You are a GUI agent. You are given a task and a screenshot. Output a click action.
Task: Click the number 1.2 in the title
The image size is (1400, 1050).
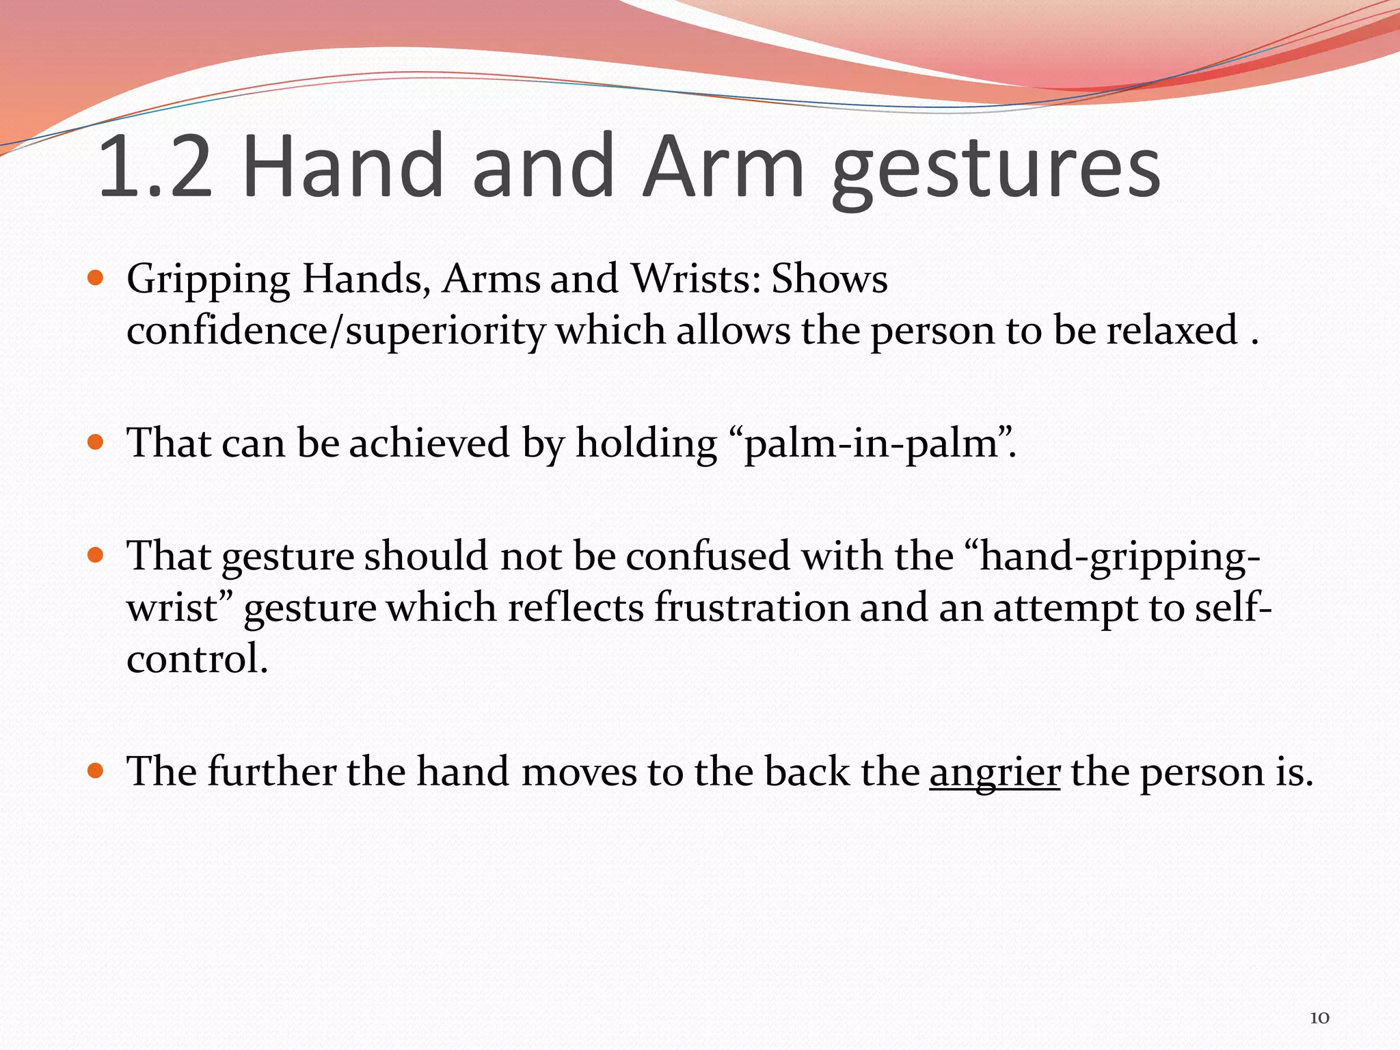tap(156, 167)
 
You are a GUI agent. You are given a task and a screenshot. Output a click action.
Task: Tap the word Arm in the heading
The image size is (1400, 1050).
tap(724, 167)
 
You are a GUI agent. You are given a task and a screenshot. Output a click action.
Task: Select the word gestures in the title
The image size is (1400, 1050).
tap(996, 171)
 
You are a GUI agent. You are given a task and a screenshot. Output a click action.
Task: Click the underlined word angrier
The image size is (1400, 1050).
tap(995, 772)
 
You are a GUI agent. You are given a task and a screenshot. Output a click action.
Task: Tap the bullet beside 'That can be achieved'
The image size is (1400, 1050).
tap(96, 442)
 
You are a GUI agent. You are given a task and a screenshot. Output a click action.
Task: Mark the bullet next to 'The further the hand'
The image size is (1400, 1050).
tap(96, 771)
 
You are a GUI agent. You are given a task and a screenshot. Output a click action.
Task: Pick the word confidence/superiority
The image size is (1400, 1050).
tap(336, 331)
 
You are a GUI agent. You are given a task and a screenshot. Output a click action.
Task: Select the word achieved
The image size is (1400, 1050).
tap(429, 443)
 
